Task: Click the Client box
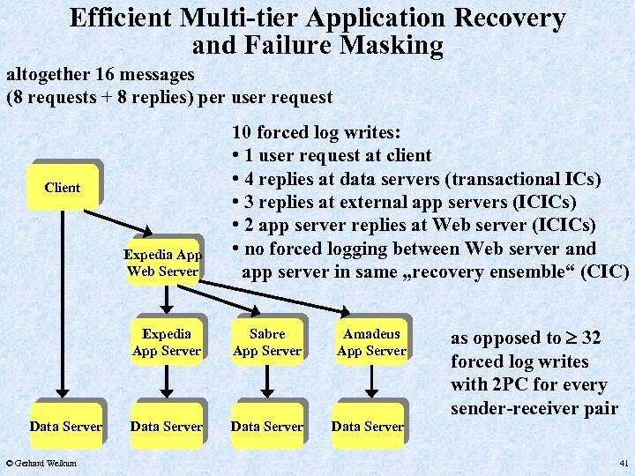[62, 188]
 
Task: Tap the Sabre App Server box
[267, 342]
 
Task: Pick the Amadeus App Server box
[371, 342]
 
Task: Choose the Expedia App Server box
[167, 342]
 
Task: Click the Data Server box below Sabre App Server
[267, 427]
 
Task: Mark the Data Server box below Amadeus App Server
[368, 427]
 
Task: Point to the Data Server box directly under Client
[66, 427]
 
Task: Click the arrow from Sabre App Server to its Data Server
[267, 381]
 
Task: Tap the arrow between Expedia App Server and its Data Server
[167, 381]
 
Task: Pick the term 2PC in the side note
[513, 385]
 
